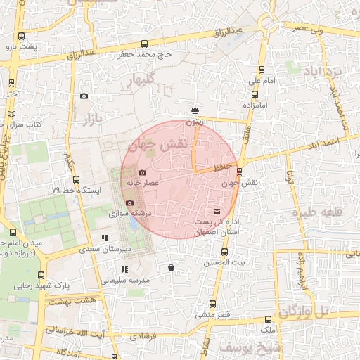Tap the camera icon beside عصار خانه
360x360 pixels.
(x=143, y=173)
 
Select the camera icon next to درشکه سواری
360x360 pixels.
(x=129, y=202)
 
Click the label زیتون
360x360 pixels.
(x=195, y=122)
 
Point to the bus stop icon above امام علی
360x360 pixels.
(x=262, y=70)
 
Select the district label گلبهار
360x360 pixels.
(x=139, y=79)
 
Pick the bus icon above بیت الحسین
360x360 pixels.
(x=224, y=252)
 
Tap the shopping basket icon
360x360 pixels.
(x=172, y=267)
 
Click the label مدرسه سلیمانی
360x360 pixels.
(x=125, y=280)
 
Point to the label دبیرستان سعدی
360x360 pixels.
(x=104, y=248)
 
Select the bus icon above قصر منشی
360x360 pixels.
(x=212, y=304)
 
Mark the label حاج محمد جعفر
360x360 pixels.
(x=145, y=54)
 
